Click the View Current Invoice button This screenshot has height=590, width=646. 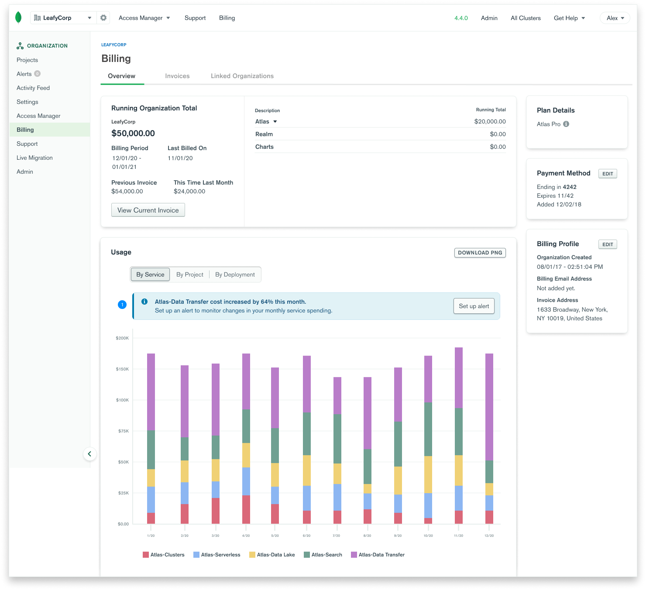[148, 210]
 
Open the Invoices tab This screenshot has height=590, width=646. [177, 76]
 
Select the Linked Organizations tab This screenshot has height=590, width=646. [242, 76]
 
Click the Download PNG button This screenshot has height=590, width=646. [480, 253]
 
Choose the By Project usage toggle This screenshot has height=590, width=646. [190, 274]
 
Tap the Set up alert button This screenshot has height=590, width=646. [474, 306]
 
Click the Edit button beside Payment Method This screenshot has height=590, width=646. [608, 174]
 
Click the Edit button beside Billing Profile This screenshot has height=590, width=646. [608, 244]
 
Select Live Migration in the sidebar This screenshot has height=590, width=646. [34, 158]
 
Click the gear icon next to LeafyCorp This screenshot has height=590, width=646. [103, 18]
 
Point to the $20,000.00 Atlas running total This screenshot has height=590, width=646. [490, 122]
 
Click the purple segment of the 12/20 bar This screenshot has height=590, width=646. [489, 406]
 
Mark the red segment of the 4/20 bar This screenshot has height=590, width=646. [246, 509]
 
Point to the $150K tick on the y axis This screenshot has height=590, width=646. [122, 369]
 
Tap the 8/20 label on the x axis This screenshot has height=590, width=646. [368, 535]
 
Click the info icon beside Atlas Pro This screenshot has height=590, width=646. [566, 124]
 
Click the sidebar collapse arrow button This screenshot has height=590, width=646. [89, 454]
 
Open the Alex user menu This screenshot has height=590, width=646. [615, 18]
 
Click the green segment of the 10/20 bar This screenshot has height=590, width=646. [428, 429]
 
